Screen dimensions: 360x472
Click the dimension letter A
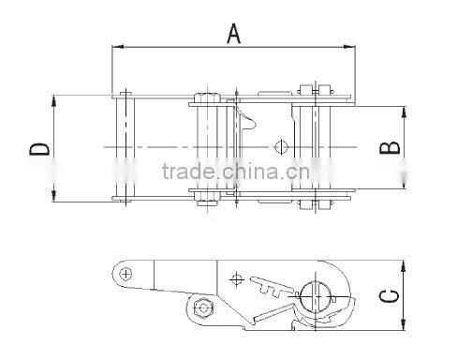234,34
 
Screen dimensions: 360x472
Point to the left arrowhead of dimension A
116,46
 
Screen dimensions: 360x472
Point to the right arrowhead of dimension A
352,46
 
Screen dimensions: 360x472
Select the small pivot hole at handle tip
126,273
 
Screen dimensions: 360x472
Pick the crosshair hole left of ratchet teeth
237,278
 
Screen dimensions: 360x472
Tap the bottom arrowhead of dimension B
406,184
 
